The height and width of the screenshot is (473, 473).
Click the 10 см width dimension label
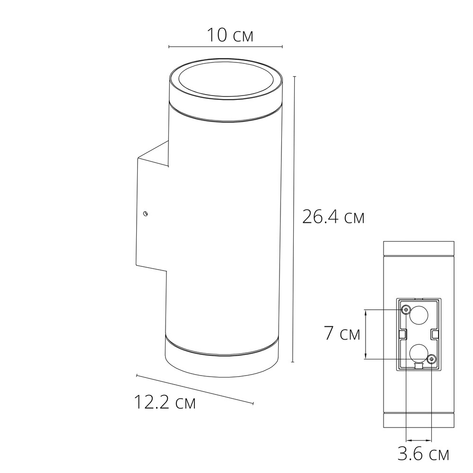[x=230, y=35]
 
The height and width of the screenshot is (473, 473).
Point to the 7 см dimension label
[x=342, y=333]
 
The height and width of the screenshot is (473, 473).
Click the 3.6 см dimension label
[x=422, y=455]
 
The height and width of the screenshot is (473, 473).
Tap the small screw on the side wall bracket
[x=146, y=213]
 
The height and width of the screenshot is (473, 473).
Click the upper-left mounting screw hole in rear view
[x=405, y=309]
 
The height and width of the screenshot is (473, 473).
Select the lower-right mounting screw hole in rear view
[x=431, y=359]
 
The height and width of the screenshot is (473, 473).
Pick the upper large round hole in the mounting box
[x=419, y=315]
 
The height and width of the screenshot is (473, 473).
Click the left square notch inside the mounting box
[x=402, y=334]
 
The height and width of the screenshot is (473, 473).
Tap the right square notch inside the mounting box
[x=434, y=334]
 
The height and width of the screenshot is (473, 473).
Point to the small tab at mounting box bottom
[x=418, y=366]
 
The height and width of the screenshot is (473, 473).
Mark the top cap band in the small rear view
[x=418, y=248]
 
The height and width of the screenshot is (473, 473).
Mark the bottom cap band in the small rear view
[x=418, y=420]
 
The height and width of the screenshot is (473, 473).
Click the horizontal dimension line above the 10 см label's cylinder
[x=226, y=47]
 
